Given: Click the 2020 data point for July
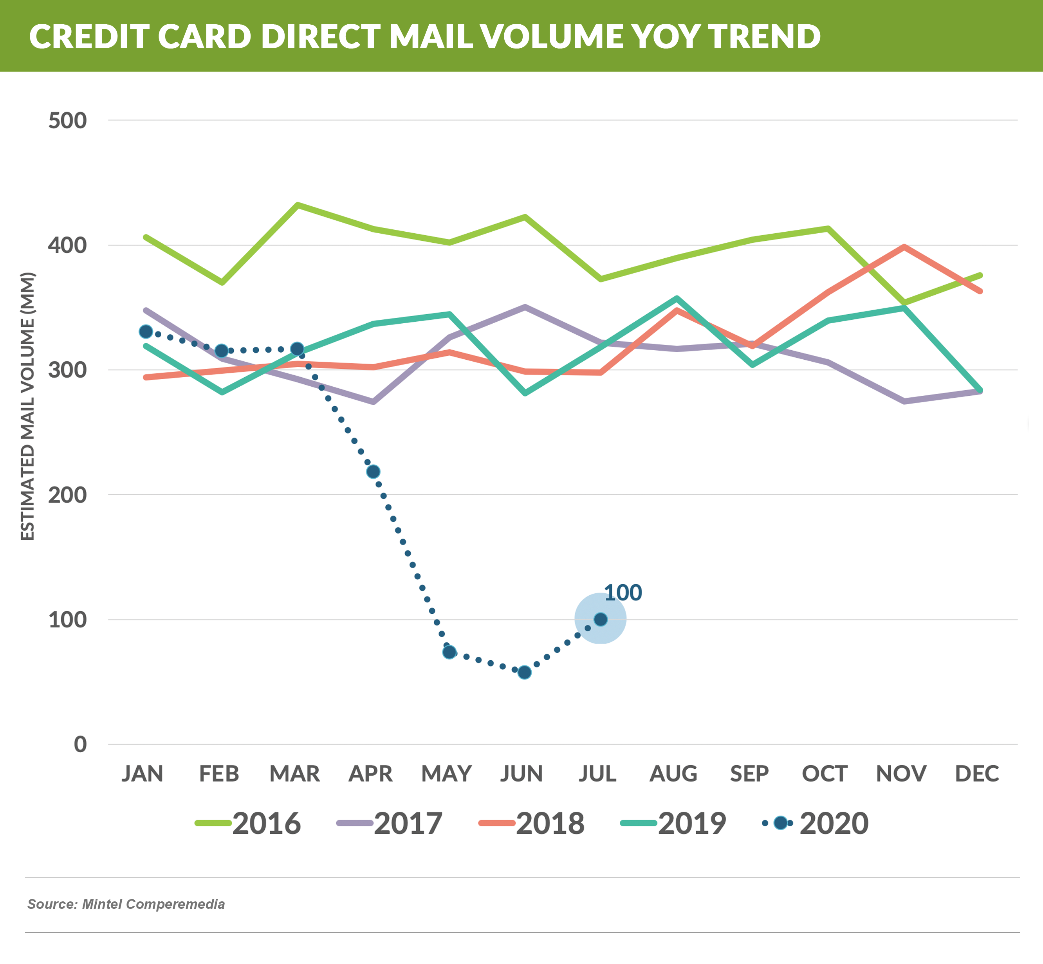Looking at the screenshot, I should (x=601, y=619).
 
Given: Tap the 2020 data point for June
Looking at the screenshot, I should (x=524, y=672).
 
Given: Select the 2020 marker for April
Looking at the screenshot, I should (x=373, y=472).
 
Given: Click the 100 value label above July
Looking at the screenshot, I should (x=623, y=593).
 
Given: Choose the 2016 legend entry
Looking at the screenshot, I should (x=248, y=823).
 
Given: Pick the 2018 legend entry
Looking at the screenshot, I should (x=532, y=823).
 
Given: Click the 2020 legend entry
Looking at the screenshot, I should (x=816, y=823).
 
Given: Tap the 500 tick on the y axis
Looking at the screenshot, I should (x=67, y=121).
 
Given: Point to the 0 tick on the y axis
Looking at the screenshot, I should (x=80, y=744).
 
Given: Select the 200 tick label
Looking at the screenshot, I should (x=67, y=494).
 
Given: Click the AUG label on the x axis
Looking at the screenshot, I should (x=673, y=773).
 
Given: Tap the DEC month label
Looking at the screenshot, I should (x=977, y=773).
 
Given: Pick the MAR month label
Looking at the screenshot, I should (x=294, y=773).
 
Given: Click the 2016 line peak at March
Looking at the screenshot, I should (x=297, y=204).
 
